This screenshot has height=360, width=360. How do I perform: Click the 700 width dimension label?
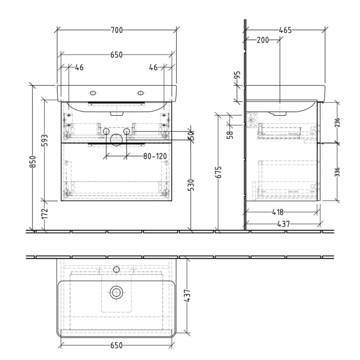(117, 30)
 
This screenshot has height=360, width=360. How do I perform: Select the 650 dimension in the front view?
(117, 55)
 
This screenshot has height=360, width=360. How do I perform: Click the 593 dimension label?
(45, 140)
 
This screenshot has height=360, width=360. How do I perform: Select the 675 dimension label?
(219, 172)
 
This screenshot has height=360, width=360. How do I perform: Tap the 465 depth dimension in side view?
(285, 30)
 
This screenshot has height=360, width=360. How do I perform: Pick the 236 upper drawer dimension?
(337, 122)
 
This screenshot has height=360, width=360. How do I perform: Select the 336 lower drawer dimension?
(337, 171)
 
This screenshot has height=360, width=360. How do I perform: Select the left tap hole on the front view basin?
(93, 93)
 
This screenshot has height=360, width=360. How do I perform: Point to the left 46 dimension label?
(79, 67)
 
